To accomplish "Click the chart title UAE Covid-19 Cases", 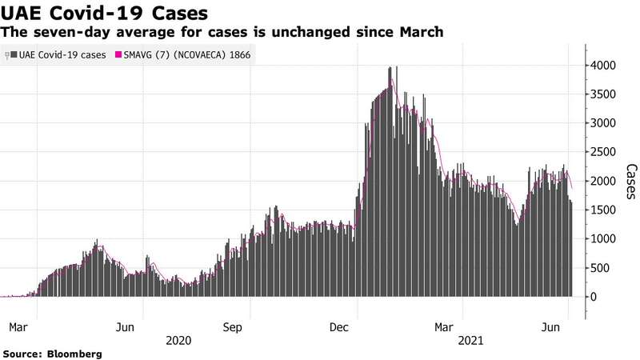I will [x=106, y=14].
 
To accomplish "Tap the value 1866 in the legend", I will [x=237, y=54].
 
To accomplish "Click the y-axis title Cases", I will [x=630, y=182].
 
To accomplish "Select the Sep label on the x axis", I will [x=232, y=326].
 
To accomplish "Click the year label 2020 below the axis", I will [x=178, y=340].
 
